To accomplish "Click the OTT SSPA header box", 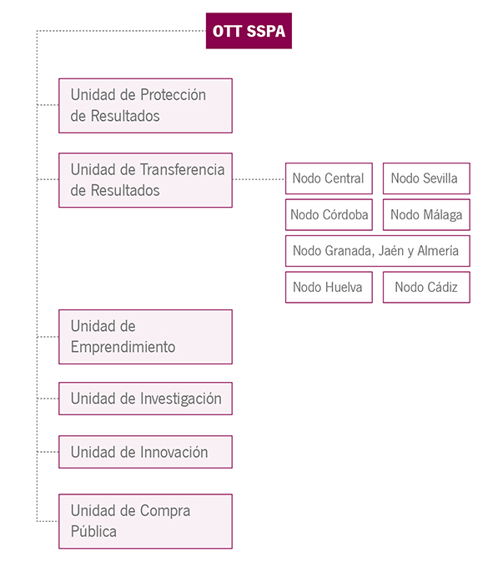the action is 249,31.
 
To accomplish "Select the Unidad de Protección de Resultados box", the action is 146,106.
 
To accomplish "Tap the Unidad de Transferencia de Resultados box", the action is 146,180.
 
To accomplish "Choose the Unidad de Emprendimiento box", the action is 146,337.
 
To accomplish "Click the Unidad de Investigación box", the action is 146,399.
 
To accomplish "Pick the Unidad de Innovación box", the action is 146,452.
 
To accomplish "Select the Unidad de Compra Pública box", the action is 146,521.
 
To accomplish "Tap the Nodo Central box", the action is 329,178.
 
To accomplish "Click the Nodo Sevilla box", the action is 426,178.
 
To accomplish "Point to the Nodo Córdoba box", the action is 329,214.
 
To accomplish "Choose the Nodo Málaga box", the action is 426,214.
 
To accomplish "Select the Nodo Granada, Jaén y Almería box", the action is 378,251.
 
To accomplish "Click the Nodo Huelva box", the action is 329,287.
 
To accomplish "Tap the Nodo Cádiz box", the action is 426,287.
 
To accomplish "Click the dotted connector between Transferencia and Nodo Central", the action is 259,179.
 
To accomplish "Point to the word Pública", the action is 93,531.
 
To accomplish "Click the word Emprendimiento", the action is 123,347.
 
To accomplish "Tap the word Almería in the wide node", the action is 438,251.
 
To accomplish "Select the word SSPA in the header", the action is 265,32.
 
